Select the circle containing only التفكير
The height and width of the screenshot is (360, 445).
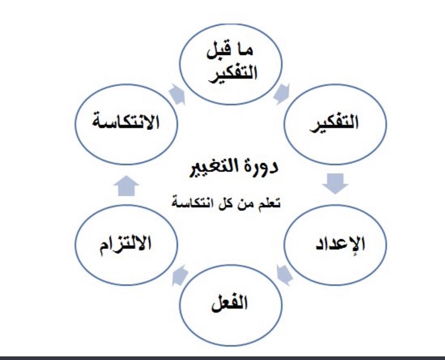(335, 124)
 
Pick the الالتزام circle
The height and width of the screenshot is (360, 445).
(126, 245)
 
